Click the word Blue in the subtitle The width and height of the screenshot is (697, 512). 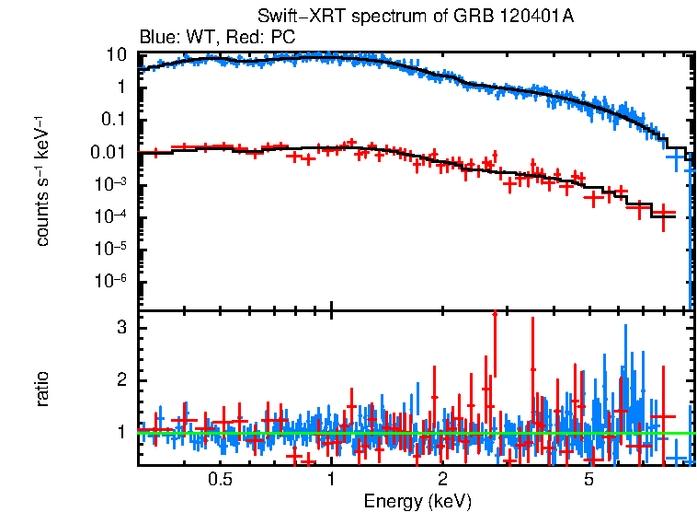point(155,37)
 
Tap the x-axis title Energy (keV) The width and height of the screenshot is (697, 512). point(417,501)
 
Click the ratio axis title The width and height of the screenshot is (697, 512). point(42,389)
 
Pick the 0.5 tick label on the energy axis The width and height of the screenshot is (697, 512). point(219,480)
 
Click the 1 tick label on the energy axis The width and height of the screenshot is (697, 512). point(331,480)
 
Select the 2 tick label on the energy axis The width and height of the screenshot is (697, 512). point(442,480)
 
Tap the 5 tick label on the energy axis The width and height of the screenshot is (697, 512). point(589,480)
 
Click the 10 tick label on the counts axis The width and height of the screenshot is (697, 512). point(116,54)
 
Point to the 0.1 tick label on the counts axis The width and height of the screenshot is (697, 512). point(112,120)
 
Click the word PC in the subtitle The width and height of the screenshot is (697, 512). point(282,37)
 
